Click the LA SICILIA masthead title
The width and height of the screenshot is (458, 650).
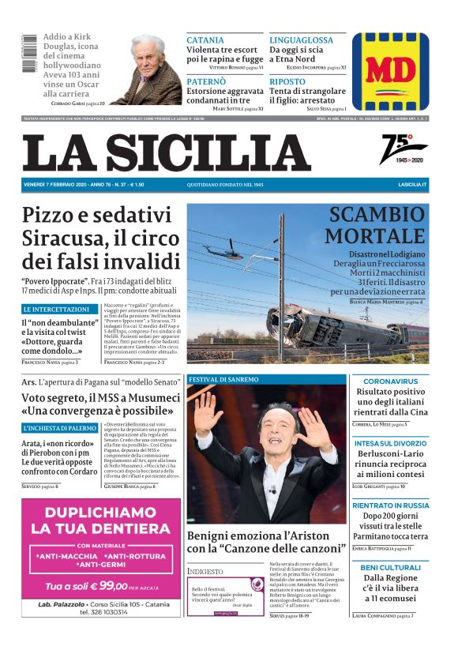(x=167, y=152)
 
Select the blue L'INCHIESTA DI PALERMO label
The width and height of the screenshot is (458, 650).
(x=60, y=427)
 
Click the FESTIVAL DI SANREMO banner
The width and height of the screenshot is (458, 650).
(x=223, y=379)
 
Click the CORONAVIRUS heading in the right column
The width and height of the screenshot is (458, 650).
(x=390, y=381)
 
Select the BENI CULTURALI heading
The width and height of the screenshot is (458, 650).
(x=390, y=567)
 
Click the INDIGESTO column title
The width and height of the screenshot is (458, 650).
(x=205, y=570)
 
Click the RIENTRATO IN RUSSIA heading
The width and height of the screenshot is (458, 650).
(x=390, y=505)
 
